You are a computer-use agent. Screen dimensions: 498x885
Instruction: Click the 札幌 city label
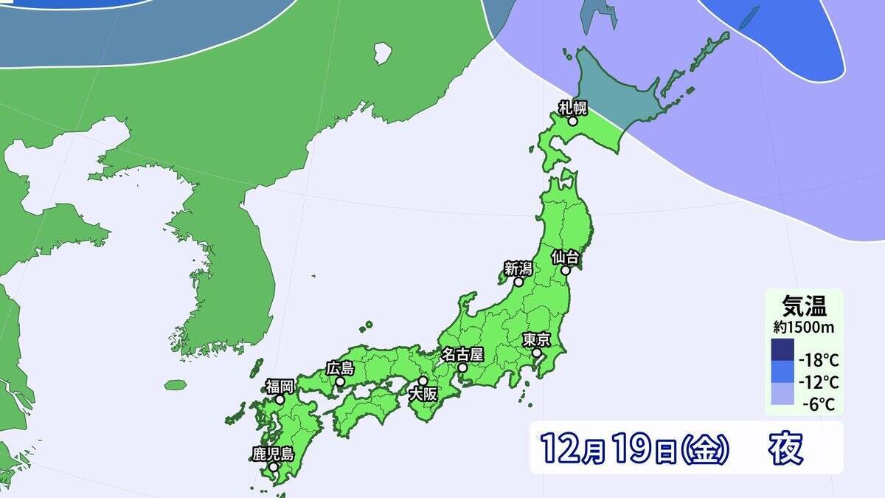click(572, 108)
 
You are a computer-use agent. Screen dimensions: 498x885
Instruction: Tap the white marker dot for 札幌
click(572, 120)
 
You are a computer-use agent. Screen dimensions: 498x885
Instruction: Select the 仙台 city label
click(567, 257)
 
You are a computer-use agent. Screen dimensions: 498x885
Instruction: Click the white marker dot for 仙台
click(566, 271)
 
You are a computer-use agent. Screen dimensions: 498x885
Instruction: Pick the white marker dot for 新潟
click(518, 282)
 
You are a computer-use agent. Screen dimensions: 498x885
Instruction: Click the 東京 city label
click(536, 340)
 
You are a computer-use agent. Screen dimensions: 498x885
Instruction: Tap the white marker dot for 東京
click(537, 353)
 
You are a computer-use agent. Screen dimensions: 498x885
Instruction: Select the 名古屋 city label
click(462, 354)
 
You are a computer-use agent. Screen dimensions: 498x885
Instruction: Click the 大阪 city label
click(424, 395)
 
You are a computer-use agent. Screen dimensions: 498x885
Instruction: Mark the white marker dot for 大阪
click(423, 381)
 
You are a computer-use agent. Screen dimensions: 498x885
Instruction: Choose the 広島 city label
click(340, 368)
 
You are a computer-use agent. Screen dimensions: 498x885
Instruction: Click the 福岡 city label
click(280, 386)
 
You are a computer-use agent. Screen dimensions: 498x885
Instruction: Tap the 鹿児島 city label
click(273, 454)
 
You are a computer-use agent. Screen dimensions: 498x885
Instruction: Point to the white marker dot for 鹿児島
click(273, 467)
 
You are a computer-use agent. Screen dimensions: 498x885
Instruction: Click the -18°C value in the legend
click(819, 361)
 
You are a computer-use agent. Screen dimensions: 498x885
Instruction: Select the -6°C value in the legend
click(819, 404)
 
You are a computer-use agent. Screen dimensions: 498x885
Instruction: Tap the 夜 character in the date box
click(785, 447)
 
